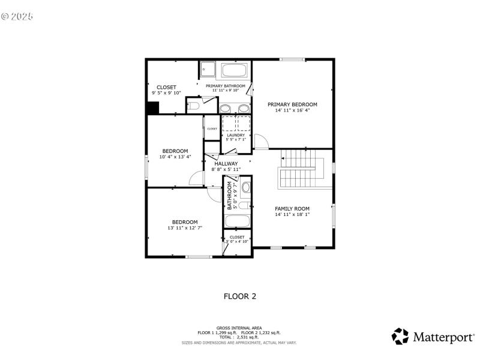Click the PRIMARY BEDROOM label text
coord(292,104)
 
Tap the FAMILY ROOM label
coord(292,208)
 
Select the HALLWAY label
coord(226,163)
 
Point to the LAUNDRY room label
coord(236,135)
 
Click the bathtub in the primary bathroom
coord(234,71)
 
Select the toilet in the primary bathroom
coord(193,107)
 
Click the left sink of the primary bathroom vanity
coord(224,109)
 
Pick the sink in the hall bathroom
coord(246,186)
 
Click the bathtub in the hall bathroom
coord(237,220)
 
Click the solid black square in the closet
coord(153,108)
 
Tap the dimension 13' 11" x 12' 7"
coord(185,228)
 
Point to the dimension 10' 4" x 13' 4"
coord(175,157)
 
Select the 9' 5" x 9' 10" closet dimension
coord(166,93)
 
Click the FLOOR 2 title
coord(240,296)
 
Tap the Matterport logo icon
coord(400,336)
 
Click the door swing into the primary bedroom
coord(260,142)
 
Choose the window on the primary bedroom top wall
coord(292,59)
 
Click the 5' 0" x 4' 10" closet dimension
coord(237,242)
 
